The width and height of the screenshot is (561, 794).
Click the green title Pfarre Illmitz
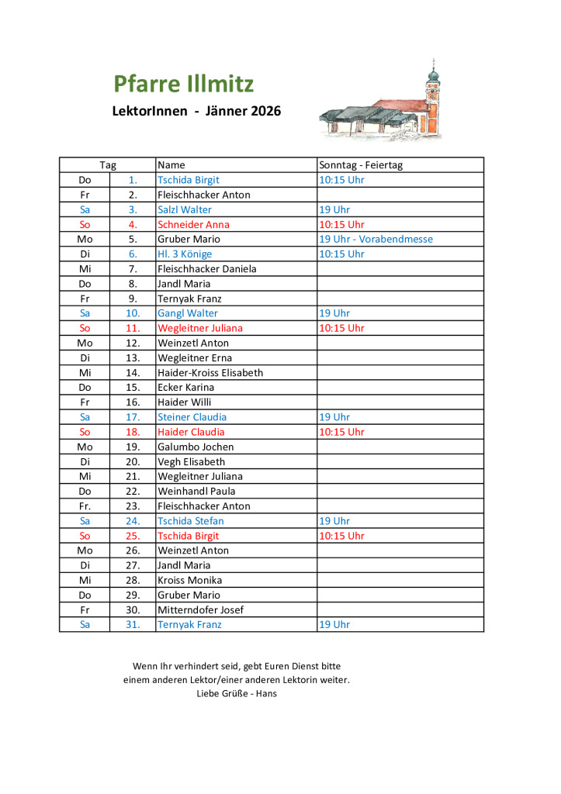click(x=183, y=84)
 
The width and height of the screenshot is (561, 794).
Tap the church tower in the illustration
click(x=432, y=93)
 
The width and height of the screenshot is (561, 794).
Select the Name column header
click(x=171, y=165)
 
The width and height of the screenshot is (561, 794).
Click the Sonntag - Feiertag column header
click(x=361, y=165)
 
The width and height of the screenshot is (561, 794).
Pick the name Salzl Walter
click(x=184, y=209)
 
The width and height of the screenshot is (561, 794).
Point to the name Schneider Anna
click(x=193, y=225)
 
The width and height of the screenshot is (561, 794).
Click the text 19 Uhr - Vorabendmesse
click(x=376, y=239)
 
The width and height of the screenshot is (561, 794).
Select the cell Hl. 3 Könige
click(x=184, y=254)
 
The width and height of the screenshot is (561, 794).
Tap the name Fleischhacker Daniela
click(x=206, y=269)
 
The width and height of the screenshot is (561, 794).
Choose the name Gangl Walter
click(x=187, y=313)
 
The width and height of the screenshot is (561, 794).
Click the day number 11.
click(x=133, y=328)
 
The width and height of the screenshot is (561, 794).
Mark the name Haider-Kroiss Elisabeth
click(x=210, y=373)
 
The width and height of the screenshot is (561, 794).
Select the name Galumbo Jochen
click(x=195, y=447)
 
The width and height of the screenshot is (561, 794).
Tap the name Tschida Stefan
click(x=190, y=521)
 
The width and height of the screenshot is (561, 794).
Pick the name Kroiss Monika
click(x=189, y=580)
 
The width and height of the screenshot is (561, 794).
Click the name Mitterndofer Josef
click(x=200, y=610)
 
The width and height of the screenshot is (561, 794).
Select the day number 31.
click(x=133, y=625)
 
